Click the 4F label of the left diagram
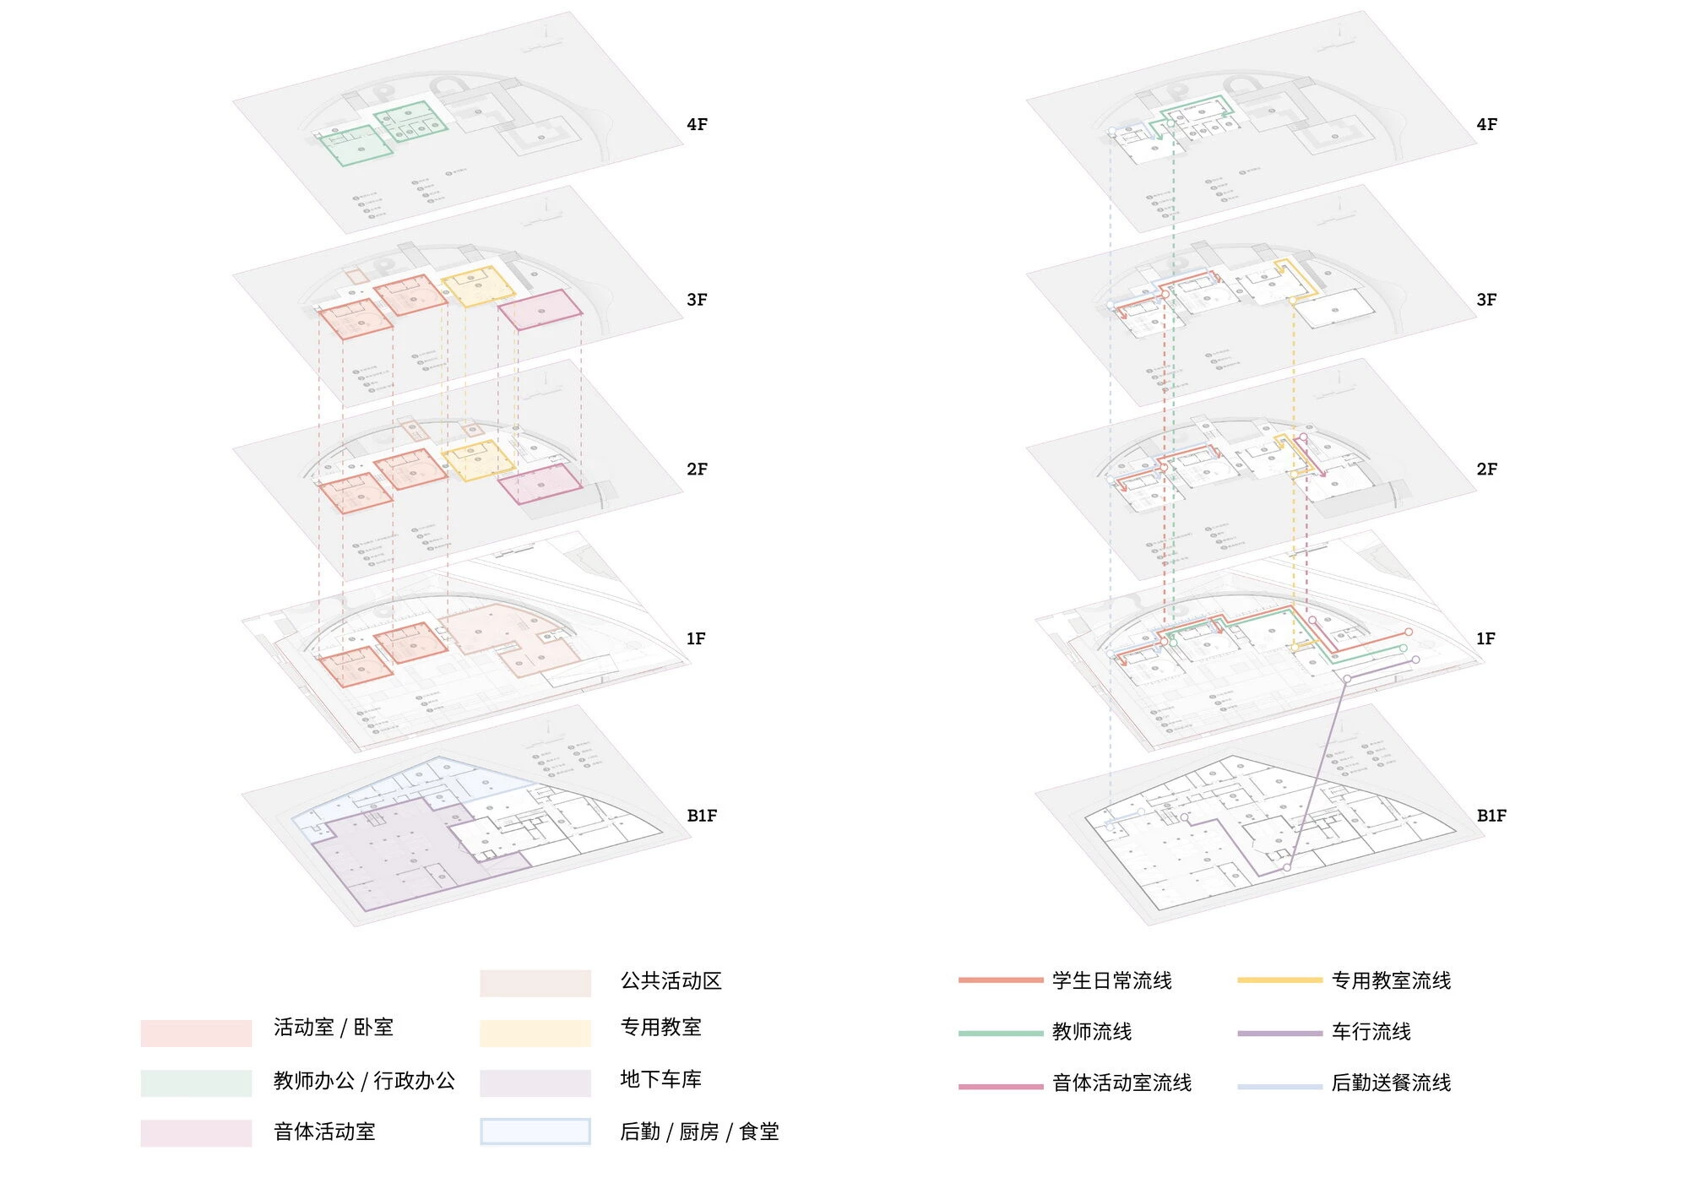[x=697, y=125]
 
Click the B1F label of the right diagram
[x=1491, y=816]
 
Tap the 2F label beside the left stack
[x=697, y=469]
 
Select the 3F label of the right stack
[x=1486, y=300]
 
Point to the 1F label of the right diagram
[x=1485, y=639]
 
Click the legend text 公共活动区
[x=671, y=981]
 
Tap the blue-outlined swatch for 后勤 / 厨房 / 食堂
[x=535, y=1132]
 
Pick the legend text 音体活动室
[x=324, y=1132]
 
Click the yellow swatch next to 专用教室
[x=535, y=1033]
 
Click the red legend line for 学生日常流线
[x=1001, y=980]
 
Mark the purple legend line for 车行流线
[x=1279, y=1033]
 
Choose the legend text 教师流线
[x=1091, y=1032]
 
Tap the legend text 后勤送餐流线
[x=1391, y=1083]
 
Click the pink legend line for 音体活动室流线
[x=1001, y=1086]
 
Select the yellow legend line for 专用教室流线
[x=1279, y=980]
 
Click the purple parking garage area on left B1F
[x=388, y=853]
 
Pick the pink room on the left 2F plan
[x=540, y=483]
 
